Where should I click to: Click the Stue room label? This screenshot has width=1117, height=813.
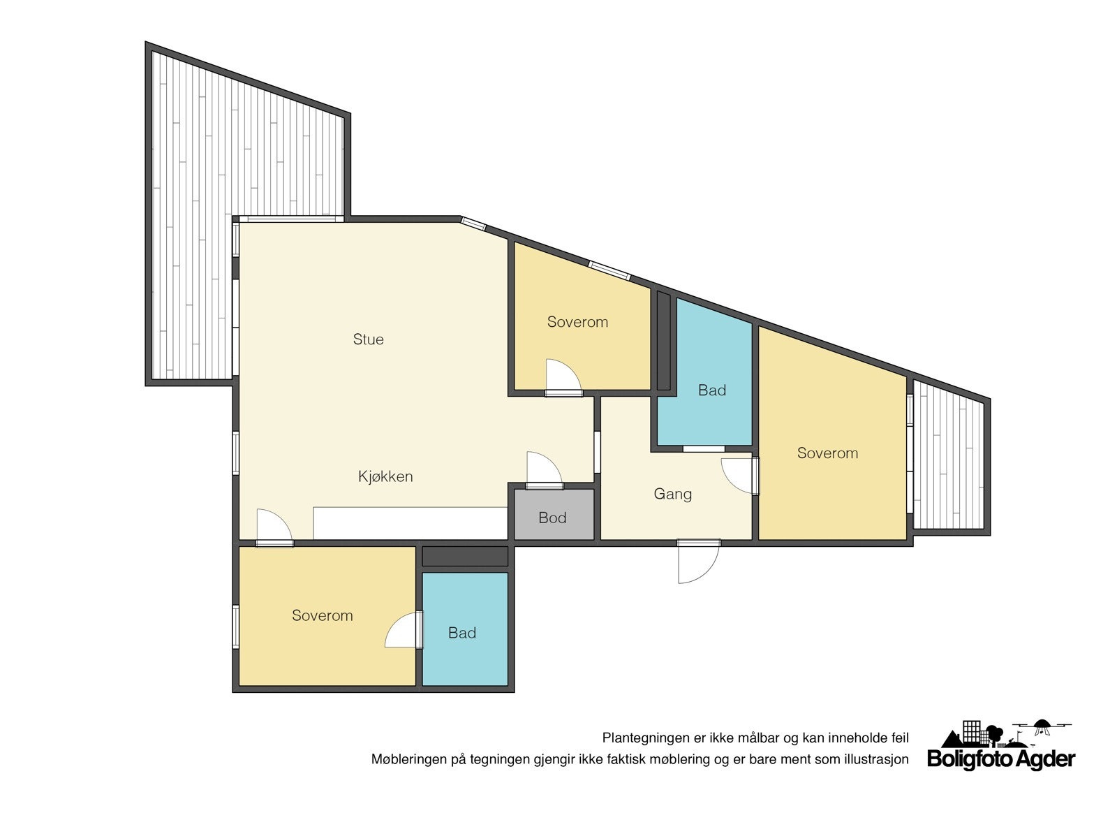pos(368,339)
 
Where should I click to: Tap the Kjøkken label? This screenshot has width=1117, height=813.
pos(385,476)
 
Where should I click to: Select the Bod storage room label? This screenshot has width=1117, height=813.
pos(552,518)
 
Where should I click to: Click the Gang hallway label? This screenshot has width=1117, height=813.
pos(672,494)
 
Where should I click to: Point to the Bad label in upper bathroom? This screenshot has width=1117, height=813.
pos(711,390)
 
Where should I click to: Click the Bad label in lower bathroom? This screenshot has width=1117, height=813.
pos(461,633)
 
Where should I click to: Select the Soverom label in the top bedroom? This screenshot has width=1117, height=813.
pos(577,322)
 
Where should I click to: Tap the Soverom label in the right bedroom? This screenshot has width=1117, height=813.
pos(827,453)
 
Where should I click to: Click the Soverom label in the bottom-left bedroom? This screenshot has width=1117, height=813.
pos(322,615)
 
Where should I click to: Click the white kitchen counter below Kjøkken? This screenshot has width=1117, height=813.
pos(410,523)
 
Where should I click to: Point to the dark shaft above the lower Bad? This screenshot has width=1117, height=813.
pos(465,557)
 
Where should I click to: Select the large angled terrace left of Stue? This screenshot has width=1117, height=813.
pos(209,224)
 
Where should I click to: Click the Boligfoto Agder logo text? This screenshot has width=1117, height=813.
pos(1001,759)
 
